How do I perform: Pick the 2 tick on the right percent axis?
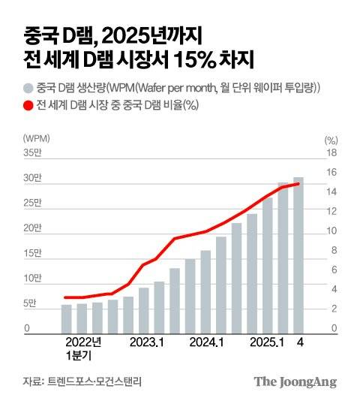(x=332, y=309)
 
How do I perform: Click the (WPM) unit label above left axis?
(x=36, y=139)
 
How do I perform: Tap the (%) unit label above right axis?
(x=331, y=139)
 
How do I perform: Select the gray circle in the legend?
(x=28, y=88)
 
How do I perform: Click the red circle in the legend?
(x=28, y=104)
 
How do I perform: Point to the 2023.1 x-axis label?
(x=147, y=342)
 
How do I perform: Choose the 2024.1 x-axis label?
(x=207, y=342)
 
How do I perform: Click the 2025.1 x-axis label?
(x=268, y=342)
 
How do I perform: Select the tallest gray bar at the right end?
(x=298, y=255)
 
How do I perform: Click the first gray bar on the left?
(x=67, y=318)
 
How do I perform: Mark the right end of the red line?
(x=298, y=183)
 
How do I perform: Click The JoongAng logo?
(x=294, y=381)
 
